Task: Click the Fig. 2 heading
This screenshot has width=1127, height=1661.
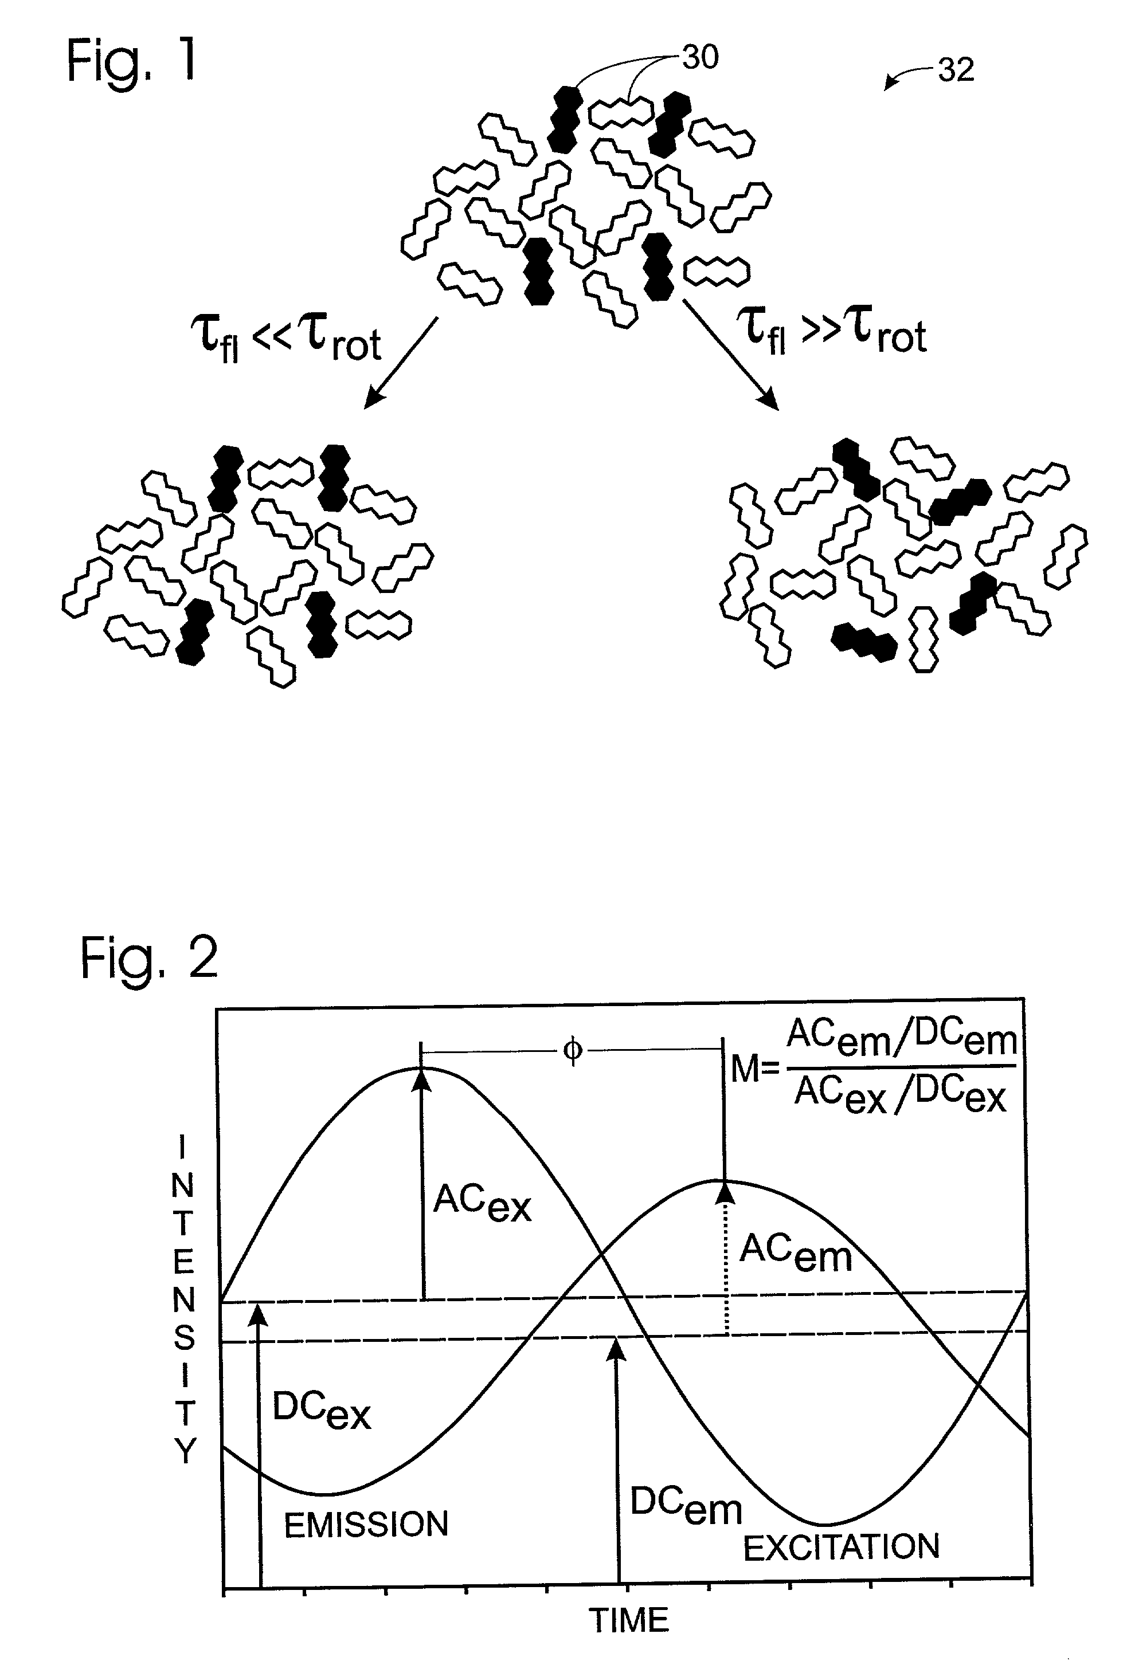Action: (148, 958)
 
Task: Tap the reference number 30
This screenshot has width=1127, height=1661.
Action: (699, 57)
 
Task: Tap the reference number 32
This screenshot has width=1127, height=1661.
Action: (956, 70)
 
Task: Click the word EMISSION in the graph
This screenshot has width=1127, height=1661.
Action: (366, 1525)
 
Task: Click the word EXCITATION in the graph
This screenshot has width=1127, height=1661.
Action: (841, 1548)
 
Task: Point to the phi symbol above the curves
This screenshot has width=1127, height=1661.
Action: (573, 1051)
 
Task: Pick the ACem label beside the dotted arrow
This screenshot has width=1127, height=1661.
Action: (795, 1253)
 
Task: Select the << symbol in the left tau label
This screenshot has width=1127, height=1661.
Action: (272, 338)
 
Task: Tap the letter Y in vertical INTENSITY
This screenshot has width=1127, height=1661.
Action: (185, 1450)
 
